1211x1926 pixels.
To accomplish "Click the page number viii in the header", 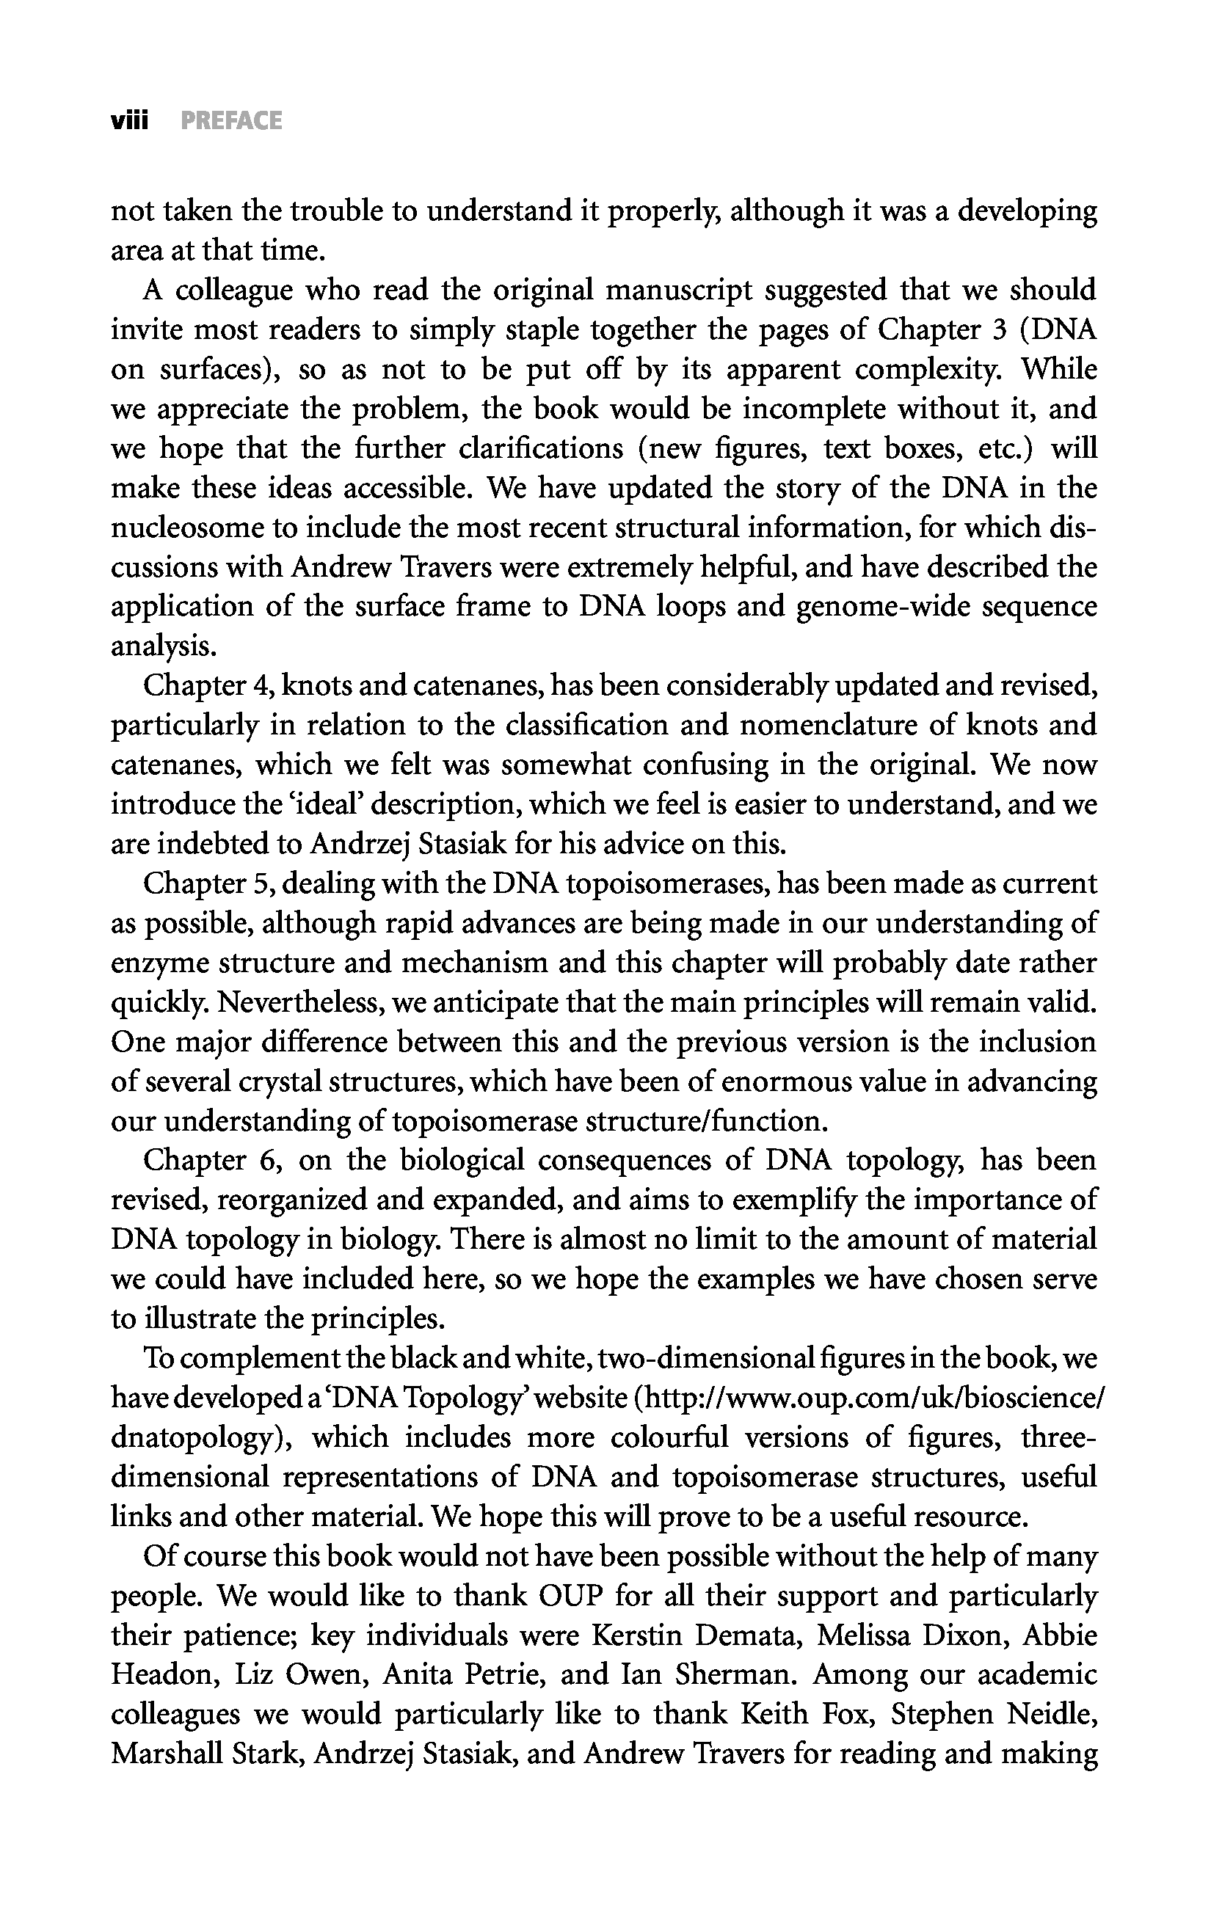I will pos(130,121).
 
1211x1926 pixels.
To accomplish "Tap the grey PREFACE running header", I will pos(231,121).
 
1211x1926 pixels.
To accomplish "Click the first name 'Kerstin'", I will pos(635,1635).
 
